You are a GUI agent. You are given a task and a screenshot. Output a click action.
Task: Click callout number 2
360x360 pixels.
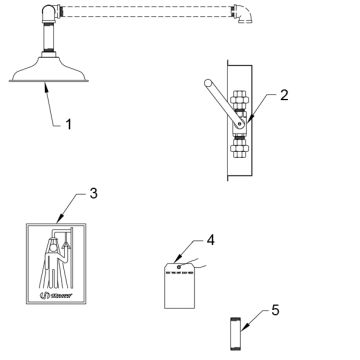click(x=285, y=97)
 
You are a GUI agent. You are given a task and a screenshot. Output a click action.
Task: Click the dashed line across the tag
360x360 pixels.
click(x=178, y=277)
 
